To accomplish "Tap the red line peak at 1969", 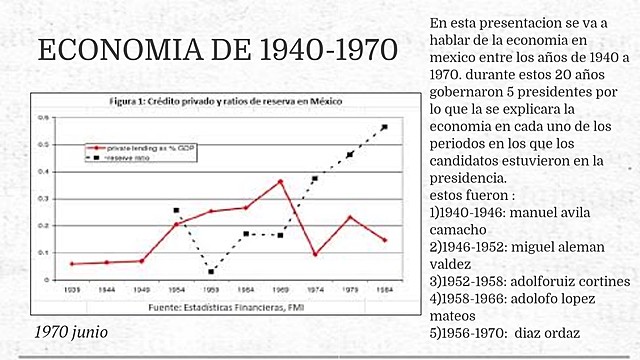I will tap(280, 182).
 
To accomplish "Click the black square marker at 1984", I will tap(384, 127).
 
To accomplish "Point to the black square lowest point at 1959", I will tap(211, 271).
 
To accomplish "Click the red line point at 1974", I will tap(315, 254).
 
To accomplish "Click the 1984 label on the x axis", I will tap(384, 289).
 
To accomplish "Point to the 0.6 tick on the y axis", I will tap(43, 118).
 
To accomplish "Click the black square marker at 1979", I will tap(350, 154).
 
